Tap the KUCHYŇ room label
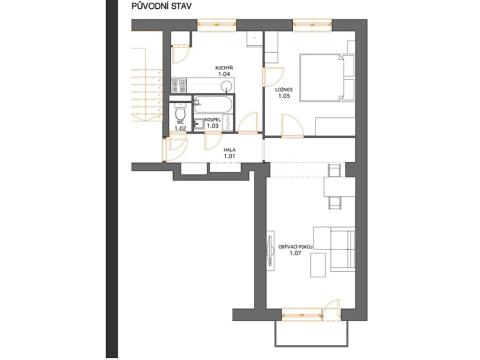pos(224,70)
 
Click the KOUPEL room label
pos(212,121)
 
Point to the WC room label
pos(181,122)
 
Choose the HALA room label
pos(229,151)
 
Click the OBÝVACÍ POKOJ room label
pos(296,246)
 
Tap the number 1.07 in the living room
pos(295,254)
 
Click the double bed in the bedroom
pos(322,77)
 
